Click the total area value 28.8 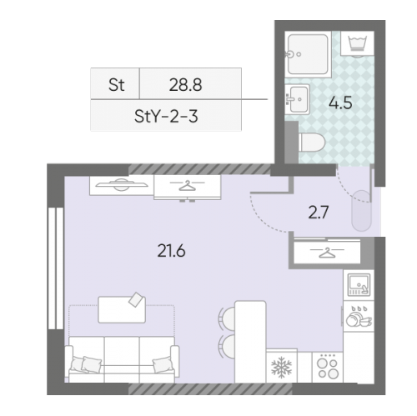(x=185, y=84)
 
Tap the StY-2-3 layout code (x=166, y=116)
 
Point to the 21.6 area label (x=171, y=251)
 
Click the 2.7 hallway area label (x=319, y=213)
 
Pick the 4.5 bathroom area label (x=340, y=103)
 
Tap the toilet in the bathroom (x=312, y=142)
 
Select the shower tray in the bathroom (x=308, y=54)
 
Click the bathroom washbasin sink (x=298, y=99)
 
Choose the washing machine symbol (x=357, y=43)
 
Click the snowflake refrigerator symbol (x=281, y=367)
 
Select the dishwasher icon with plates (x=359, y=316)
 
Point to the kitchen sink (x=359, y=284)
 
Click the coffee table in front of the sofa (x=122, y=309)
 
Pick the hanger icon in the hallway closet (x=327, y=252)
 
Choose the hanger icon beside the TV (x=187, y=185)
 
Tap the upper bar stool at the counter (x=228, y=318)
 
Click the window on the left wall (x=56, y=268)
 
